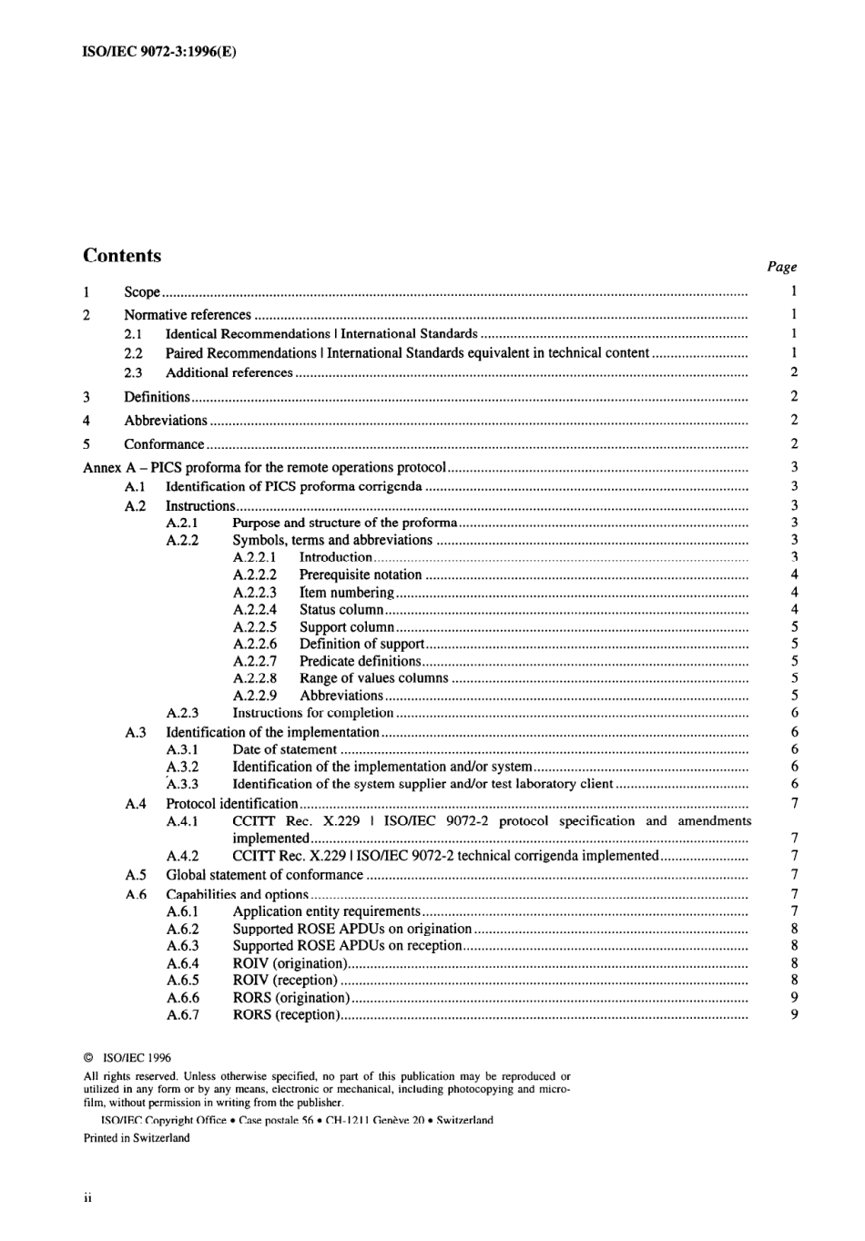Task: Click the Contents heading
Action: (122, 256)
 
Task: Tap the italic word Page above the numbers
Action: (781, 267)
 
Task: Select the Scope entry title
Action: (142, 292)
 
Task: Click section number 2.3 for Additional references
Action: (133, 372)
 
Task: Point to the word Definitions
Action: (157, 397)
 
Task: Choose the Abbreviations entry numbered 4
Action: (166, 421)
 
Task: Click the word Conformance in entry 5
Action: (164, 444)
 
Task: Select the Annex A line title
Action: (264, 468)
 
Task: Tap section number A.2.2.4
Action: (254, 609)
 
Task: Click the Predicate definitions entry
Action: (360, 661)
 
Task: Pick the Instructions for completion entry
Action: (312, 713)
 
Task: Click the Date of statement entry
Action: (284, 749)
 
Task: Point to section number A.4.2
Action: (182, 856)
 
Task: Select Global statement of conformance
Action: (264, 875)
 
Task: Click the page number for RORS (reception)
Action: (794, 1014)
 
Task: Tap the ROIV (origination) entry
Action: (290, 963)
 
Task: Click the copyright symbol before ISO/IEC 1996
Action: (88, 1059)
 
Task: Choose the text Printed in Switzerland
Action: (137, 1138)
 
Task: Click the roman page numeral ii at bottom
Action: (87, 1198)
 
